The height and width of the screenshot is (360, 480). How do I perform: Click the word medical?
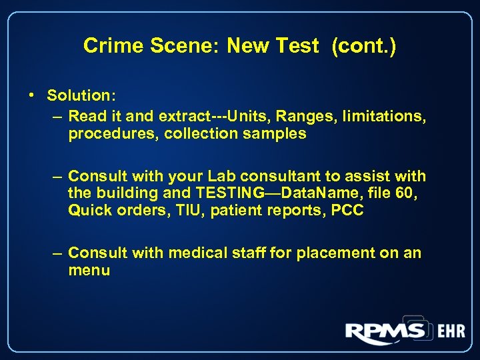tap(199, 253)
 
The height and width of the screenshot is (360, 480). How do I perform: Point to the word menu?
tap(89, 270)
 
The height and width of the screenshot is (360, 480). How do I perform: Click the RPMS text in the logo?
tap(385, 331)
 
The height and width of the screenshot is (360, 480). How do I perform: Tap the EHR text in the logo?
tap(451, 331)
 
